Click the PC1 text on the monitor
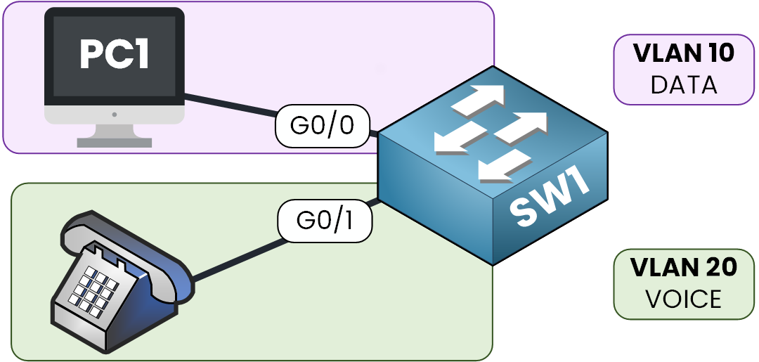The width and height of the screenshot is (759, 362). (x=115, y=55)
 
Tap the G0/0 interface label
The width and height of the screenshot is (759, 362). (x=323, y=127)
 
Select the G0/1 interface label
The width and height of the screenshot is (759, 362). (x=325, y=220)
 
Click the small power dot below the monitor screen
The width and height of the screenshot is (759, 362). (x=115, y=113)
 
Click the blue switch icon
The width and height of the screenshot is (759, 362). (x=492, y=165)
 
